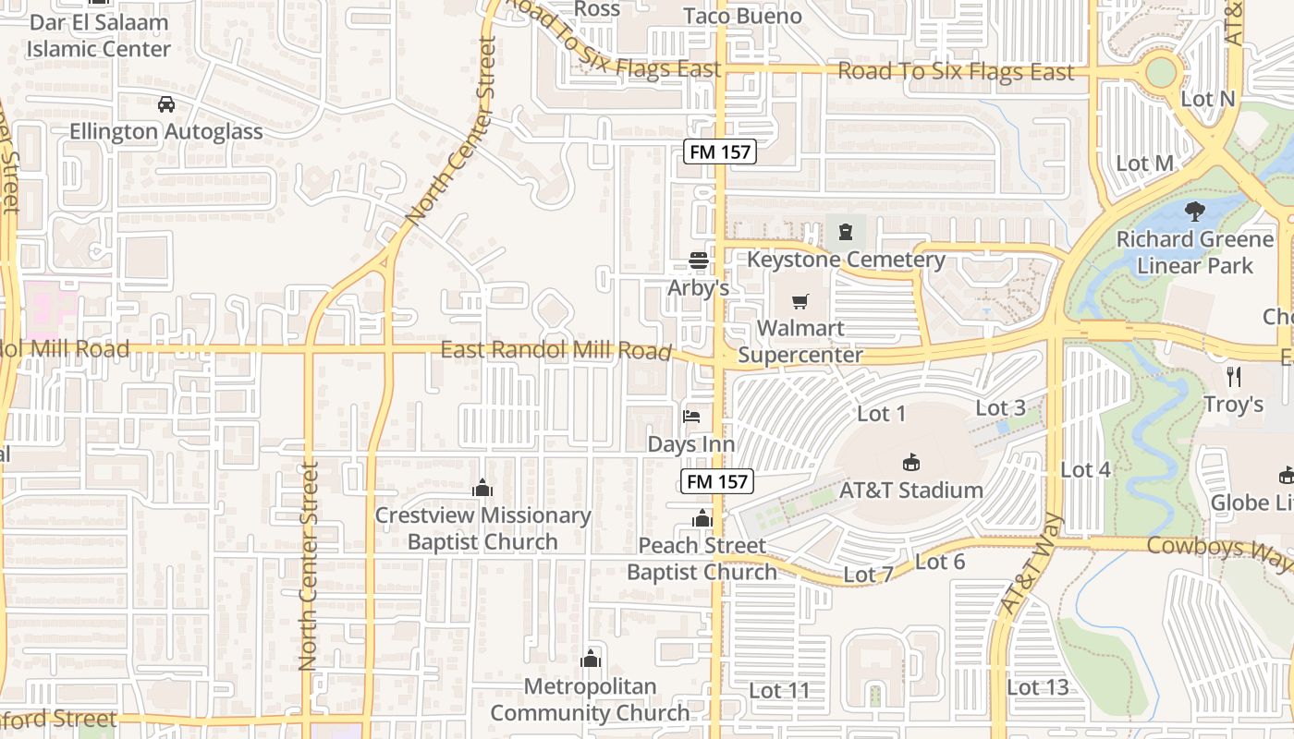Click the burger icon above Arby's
(698, 260)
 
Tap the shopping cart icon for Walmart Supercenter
(800, 302)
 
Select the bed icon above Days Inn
(691, 417)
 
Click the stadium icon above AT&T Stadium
(911, 462)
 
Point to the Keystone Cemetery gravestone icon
(845, 231)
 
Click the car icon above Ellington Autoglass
(166, 104)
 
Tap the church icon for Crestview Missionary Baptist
(482, 488)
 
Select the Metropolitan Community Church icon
(590, 659)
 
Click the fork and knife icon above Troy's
(1233, 376)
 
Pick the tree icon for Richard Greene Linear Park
(1195, 212)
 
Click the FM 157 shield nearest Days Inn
(718, 480)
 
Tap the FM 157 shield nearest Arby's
(720, 151)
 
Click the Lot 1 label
(882, 414)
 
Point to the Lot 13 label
(1037, 687)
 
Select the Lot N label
(1208, 99)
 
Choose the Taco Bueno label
(742, 16)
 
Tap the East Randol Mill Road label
(555, 350)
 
